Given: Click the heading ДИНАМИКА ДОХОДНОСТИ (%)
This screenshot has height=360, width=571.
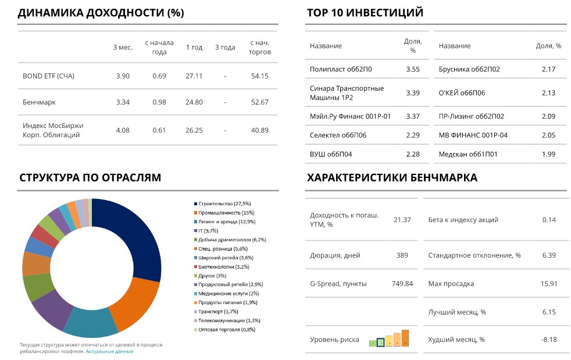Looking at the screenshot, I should click(x=101, y=13).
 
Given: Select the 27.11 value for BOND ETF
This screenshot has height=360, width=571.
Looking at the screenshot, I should click(x=194, y=76).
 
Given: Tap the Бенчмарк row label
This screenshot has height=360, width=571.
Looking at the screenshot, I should click(x=39, y=102).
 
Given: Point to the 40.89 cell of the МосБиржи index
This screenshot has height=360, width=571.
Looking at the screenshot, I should click(x=259, y=130).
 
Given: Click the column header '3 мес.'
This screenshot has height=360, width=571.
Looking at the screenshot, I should click(x=123, y=47).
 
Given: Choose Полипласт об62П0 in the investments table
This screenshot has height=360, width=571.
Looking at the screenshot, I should click(x=341, y=69).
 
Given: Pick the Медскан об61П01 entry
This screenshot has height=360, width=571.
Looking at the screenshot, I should click(x=468, y=154).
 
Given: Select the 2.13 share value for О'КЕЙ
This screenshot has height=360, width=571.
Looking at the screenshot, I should click(x=548, y=93).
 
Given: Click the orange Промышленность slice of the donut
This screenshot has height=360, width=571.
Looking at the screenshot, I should click(x=134, y=302).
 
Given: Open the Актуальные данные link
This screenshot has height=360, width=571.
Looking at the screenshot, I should click(x=109, y=351).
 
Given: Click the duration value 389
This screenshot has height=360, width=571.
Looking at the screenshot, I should click(x=402, y=255).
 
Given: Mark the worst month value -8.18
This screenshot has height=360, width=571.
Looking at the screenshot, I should click(x=549, y=340).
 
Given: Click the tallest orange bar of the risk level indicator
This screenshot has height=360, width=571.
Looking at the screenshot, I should click(x=405, y=338).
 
